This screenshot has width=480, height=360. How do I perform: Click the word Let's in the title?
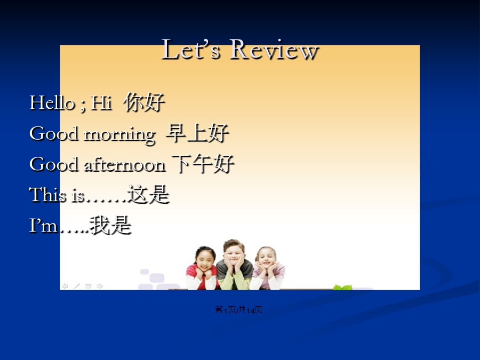pyautogui.click(x=190, y=49)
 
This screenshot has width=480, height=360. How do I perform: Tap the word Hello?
pyautogui.click(x=52, y=102)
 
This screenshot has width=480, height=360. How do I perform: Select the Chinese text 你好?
pyautogui.click(x=145, y=102)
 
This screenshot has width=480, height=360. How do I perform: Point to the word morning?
pyautogui.click(x=120, y=135)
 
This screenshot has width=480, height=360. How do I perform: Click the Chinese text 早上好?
pyautogui.click(x=197, y=133)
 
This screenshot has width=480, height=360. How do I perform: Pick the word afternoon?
pyautogui.click(x=125, y=164)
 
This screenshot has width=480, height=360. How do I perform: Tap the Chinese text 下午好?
pyautogui.click(x=203, y=164)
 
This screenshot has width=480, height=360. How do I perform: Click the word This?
pyautogui.click(x=47, y=195)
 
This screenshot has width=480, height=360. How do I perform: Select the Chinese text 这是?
pyautogui.click(x=149, y=195)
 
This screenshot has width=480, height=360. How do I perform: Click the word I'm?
pyautogui.click(x=43, y=226)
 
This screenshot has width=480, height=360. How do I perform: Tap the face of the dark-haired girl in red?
pyautogui.click(x=205, y=260)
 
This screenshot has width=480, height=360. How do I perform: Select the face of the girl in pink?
pyautogui.click(x=267, y=259)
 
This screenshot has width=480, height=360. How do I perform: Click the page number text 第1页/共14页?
pyautogui.click(x=238, y=310)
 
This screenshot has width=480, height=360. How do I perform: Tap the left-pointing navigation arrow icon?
pyautogui.click(x=65, y=286)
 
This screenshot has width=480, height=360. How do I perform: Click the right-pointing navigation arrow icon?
pyautogui.click(x=100, y=286)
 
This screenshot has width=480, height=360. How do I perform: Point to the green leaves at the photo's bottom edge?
pyautogui.click(x=342, y=287)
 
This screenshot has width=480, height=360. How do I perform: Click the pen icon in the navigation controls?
pyautogui.click(x=76, y=286)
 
